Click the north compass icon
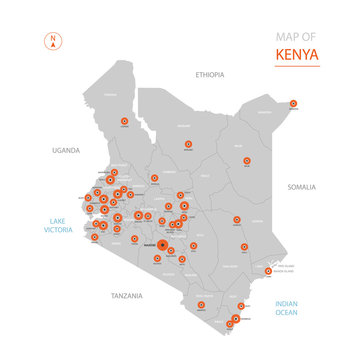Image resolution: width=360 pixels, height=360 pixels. click(51, 42)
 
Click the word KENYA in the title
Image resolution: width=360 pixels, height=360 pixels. click(297, 53)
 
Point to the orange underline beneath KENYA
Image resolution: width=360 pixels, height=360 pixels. click(297, 66)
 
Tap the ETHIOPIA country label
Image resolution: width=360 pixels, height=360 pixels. click(210, 74)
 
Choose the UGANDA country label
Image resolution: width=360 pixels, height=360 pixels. click(65, 150)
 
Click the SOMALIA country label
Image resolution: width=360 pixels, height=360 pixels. click(301, 187)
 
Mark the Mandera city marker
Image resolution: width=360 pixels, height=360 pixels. click(294, 103)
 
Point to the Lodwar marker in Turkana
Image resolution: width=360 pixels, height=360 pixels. click(124, 120)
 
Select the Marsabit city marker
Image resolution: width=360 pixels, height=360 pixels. click(188, 143)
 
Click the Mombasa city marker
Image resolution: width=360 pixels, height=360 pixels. click(235, 319)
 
